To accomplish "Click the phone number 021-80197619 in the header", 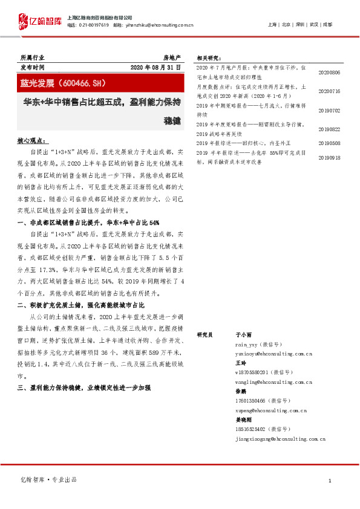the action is (94, 25).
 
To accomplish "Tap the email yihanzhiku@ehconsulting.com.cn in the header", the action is (162, 25).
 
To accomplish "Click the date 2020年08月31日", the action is (155, 66).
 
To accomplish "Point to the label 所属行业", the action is (32, 56).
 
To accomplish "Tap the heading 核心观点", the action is (30, 140).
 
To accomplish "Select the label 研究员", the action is (204, 334).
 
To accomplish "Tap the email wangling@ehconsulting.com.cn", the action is (273, 382).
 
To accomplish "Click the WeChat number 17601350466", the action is (250, 401).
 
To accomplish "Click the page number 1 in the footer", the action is (330, 480).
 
